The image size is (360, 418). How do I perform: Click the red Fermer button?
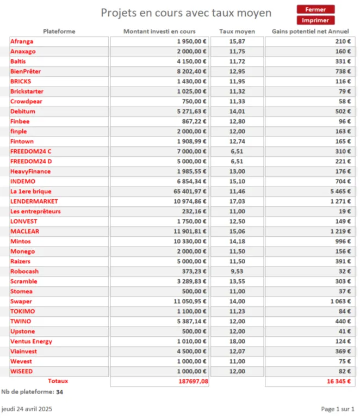[315, 9]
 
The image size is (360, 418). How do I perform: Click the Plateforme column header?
[59, 31]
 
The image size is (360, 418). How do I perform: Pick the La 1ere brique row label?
[31, 192]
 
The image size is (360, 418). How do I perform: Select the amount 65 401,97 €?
[190, 192]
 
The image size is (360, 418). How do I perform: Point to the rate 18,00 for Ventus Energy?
[237, 341]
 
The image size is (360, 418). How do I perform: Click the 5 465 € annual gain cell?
[340, 192]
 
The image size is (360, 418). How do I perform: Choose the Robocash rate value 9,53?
[237, 272]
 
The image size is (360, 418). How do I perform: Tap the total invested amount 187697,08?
[193, 382]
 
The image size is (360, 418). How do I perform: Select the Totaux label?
[58, 381]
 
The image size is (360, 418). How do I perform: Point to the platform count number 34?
[59, 391]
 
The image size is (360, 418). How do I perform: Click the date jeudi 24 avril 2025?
[27, 408]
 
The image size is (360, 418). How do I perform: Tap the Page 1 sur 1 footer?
[337, 408]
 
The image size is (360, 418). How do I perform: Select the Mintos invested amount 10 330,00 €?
[190, 242]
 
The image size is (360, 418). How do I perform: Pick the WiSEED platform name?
[21, 371]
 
